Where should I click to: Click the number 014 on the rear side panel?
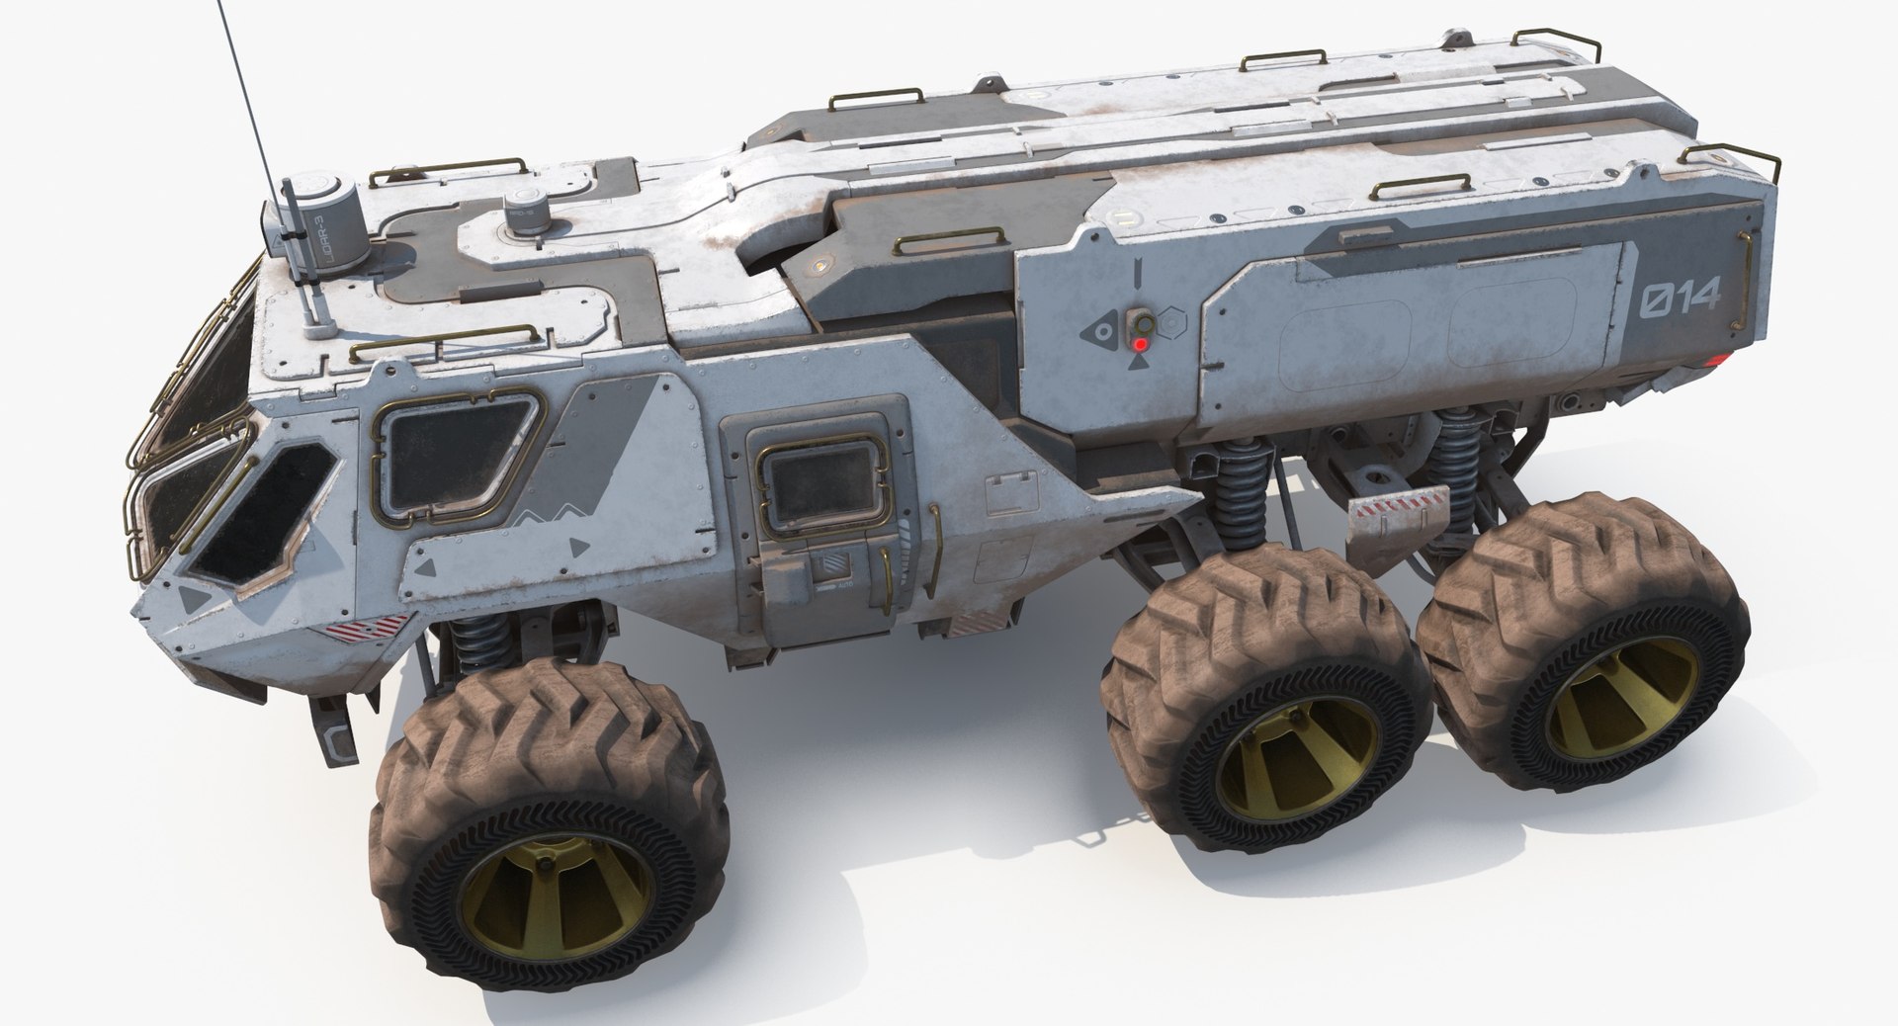[x=1681, y=299]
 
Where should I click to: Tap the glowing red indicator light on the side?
[x=1141, y=344]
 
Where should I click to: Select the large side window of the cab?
[x=457, y=454]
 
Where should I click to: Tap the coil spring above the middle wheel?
[x=1235, y=494]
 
